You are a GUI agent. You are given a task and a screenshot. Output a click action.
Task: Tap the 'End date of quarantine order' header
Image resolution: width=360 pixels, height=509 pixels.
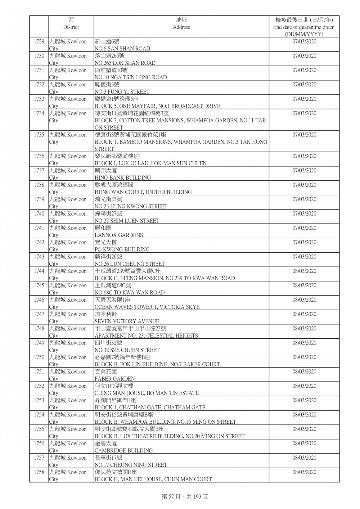point(303,27)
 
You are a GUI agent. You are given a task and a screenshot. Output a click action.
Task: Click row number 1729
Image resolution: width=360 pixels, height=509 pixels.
point(39,41)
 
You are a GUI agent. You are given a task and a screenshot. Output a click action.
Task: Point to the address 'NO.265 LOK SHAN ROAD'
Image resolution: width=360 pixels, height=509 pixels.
point(125,63)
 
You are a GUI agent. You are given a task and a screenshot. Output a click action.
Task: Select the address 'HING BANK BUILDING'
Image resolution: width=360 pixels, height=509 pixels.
point(122,177)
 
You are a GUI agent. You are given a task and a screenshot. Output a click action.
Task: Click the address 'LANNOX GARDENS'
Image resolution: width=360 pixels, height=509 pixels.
point(118,235)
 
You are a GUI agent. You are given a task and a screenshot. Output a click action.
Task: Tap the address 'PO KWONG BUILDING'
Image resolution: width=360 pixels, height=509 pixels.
point(122,249)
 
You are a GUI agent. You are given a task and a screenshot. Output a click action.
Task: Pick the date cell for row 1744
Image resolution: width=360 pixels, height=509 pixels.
point(304,271)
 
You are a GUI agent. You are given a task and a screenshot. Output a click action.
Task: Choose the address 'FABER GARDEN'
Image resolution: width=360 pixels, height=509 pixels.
point(114,379)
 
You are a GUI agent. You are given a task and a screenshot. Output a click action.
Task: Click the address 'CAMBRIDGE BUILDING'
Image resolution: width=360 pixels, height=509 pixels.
point(123,450)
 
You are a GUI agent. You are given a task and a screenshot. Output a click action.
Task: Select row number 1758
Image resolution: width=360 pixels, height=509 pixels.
point(39,472)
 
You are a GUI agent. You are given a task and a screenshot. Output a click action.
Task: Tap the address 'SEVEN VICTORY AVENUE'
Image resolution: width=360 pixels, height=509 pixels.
point(127,321)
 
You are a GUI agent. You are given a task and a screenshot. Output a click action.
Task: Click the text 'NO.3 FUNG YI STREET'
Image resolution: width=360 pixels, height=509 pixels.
point(122,92)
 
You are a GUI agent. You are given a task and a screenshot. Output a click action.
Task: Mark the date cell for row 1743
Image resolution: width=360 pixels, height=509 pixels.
point(304,257)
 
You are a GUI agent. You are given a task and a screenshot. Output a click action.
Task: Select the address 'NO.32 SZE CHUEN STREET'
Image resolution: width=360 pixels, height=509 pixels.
point(127,350)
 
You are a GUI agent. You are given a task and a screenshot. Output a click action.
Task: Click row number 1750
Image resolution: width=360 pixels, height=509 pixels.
point(39,357)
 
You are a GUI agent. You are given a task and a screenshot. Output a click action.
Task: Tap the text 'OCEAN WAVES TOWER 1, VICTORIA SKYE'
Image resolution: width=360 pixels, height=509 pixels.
point(147,307)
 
